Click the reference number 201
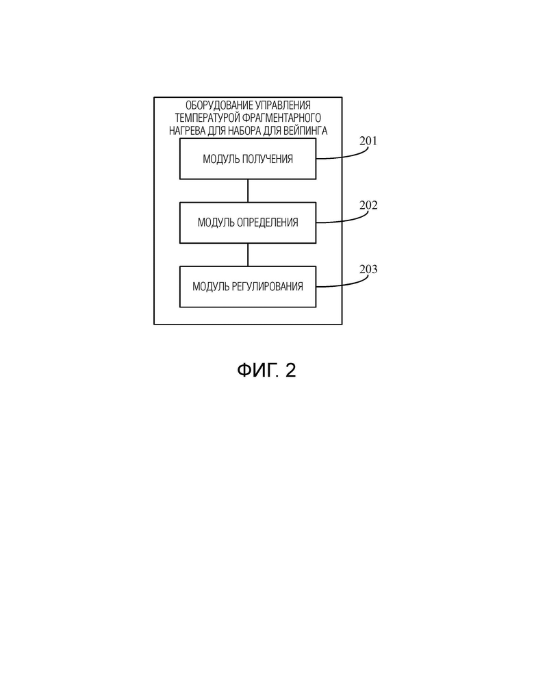coord(368,141)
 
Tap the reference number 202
coord(368,205)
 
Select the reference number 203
coord(368,269)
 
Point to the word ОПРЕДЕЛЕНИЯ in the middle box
coord(267,223)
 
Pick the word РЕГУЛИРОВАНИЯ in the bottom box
coord(267,287)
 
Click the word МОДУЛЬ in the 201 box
coord(221,160)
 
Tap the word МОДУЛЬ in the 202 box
coord(216,223)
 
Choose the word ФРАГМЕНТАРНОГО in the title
coord(282,118)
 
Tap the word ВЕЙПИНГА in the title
coord(305,131)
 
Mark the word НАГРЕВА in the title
coord(187,131)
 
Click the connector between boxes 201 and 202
coord(248,191)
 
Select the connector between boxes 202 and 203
coord(248,255)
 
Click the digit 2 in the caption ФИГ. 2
coord(290,370)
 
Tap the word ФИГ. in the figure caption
coord(258,370)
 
